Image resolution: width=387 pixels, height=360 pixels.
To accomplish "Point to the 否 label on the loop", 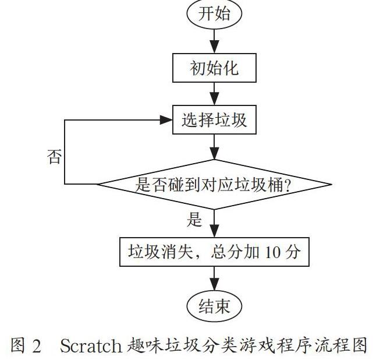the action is [54, 156].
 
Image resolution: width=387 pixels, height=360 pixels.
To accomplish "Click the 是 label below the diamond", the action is [194, 219].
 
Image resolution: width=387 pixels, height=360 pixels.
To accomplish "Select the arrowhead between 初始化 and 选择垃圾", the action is [214, 98].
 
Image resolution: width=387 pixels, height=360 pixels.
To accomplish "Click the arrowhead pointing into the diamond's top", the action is [214, 153].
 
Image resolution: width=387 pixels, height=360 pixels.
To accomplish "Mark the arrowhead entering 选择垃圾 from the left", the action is [166, 120].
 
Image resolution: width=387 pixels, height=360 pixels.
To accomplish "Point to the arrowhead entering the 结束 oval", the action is [214, 284].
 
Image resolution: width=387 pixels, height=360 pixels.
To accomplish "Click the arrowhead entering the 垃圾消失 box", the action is [214, 231].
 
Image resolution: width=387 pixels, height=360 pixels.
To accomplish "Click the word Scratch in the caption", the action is [91, 345].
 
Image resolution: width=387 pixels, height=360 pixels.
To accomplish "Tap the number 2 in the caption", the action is [37, 346].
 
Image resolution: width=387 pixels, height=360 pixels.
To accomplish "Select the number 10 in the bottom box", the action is [272, 252].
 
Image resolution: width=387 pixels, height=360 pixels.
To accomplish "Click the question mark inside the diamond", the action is [287, 185].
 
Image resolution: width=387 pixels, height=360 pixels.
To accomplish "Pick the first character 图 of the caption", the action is [18, 345].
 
